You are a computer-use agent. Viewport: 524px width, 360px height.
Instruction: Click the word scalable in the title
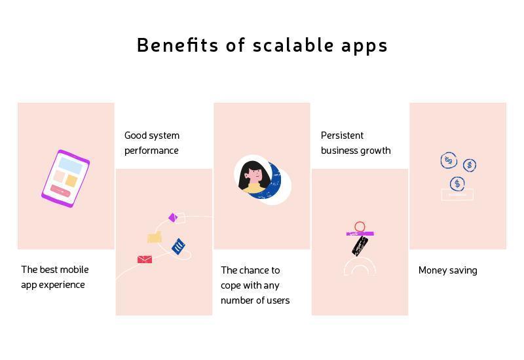click(293, 45)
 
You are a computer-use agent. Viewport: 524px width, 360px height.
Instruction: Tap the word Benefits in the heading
click(178, 45)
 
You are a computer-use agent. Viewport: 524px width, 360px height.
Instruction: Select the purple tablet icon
click(65, 179)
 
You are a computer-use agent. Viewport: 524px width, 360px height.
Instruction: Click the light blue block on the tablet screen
click(70, 166)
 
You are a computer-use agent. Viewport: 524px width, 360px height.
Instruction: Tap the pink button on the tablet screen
click(60, 191)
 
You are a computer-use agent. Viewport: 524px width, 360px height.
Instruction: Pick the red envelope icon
click(145, 259)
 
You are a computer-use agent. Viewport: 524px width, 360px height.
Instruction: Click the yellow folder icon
click(155, 237)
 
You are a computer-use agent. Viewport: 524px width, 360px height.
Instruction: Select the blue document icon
click(178, 247)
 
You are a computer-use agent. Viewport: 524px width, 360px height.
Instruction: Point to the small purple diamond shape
click(173, 217)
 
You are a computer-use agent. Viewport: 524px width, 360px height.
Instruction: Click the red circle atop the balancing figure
click(360, 226)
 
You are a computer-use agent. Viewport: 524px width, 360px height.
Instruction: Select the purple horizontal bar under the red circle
click(360, 234)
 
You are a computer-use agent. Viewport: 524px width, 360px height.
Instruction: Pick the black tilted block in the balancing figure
click(360, 246)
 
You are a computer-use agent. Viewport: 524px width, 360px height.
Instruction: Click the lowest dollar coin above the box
click(457, 184)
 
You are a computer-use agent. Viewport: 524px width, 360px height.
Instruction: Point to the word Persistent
click(342, 135)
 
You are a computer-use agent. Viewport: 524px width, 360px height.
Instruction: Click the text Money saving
click(448, 270)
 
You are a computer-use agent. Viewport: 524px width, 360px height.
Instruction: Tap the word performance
click(151, 151)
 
